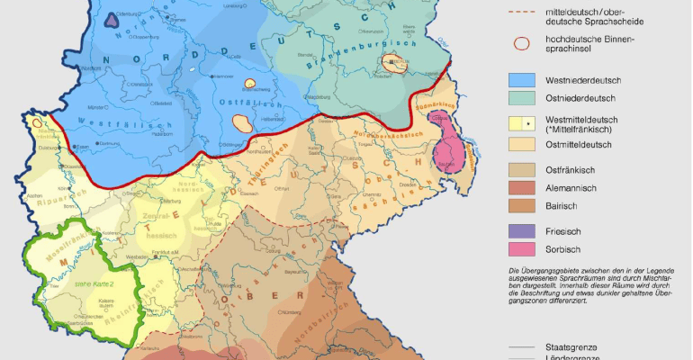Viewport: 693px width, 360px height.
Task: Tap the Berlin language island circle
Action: tap(393, 63)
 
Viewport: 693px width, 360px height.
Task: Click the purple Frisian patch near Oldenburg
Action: tap(111, 20)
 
